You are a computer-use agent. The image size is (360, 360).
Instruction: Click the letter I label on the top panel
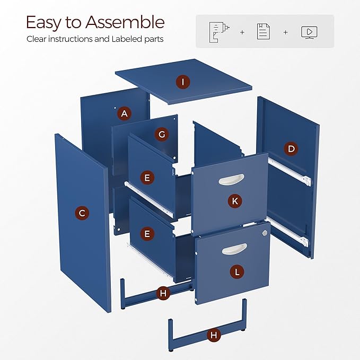(183, 82)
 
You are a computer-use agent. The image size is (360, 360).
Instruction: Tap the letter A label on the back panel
(124, 113)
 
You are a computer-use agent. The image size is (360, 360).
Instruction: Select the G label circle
(162, 134)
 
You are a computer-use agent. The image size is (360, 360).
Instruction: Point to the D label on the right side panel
(291, 149)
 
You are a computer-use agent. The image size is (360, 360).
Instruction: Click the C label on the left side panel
(82, 213)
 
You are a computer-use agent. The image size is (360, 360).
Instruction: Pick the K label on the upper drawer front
(235, 201)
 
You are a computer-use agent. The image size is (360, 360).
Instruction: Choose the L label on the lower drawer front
(237, 272)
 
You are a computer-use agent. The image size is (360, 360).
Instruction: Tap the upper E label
(147, 178)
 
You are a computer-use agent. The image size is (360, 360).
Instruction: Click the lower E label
(147, 234)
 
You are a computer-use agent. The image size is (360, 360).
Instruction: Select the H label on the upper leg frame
(163, 293)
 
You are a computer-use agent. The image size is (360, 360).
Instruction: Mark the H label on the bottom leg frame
(214, 335)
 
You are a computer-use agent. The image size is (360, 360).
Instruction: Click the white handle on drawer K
(231, 179)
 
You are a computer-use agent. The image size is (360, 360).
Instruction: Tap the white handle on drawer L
(234, 249)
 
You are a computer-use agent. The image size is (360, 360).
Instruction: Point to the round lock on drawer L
(265, 233)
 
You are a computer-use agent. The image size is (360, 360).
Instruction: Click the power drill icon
(219, 32)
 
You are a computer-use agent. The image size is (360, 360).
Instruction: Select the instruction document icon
(264, 31)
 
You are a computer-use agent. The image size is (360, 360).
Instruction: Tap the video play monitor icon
(309, 32)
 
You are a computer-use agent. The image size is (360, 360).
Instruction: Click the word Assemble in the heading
(125, 22)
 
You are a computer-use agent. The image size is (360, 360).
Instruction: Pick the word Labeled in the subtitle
(127, 39)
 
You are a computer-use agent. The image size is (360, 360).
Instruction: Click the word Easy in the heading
(44, 23)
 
